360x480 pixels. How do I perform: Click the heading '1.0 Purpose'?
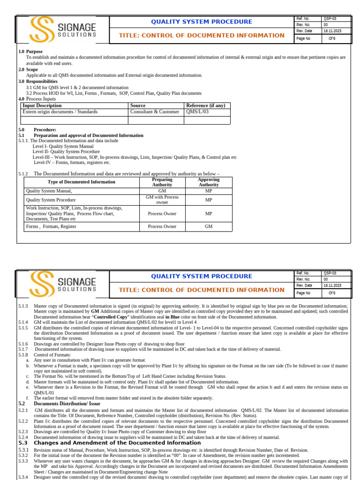click(30, 52)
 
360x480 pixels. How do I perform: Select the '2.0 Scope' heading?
click(29, 69)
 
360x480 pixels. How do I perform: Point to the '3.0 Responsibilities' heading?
click(38, 81)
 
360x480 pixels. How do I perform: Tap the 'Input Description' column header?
click(42, 105)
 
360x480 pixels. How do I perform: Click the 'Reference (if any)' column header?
click(206, 105)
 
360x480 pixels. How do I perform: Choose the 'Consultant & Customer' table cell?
click(155, 112)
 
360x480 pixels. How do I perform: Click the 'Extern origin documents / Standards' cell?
click(60, 112)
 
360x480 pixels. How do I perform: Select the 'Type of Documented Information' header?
click(82, 182)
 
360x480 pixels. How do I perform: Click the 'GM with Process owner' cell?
click(162, 200)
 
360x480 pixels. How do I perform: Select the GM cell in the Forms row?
click(209, 226)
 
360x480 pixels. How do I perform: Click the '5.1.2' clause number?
click(23, 173)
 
